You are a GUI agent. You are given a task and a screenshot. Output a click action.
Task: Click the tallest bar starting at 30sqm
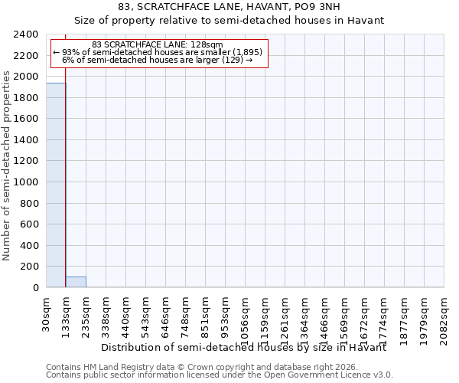(56, 185)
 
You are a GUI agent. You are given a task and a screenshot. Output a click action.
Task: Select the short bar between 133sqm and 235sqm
(76, 282)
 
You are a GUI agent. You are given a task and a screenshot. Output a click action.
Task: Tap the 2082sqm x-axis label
(444, 314)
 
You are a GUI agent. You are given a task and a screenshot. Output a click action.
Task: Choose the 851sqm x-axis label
(205, 312)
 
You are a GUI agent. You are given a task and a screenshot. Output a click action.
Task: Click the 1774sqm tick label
(384, 314)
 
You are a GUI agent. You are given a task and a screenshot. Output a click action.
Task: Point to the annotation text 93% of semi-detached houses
(158, 52)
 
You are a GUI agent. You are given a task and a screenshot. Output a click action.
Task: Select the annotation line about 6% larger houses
(158, 60)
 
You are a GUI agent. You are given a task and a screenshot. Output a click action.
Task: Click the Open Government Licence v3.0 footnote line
(220, 375)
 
